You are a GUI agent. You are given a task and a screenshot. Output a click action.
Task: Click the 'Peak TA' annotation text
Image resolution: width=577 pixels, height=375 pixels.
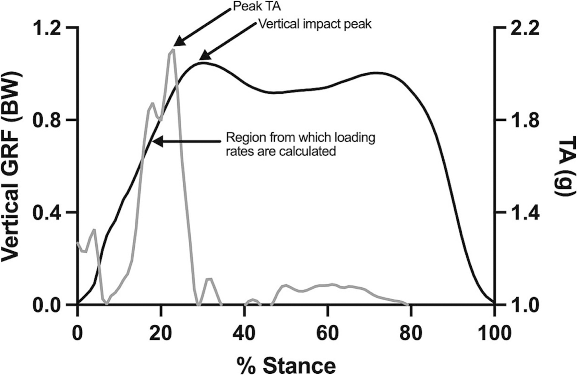[x=253, y=6]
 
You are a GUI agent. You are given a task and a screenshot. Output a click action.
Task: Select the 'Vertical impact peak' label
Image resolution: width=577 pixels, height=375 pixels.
[x=315, y=24]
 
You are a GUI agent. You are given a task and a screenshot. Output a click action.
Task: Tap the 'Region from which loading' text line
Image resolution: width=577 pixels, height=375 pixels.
[x=300, y=137]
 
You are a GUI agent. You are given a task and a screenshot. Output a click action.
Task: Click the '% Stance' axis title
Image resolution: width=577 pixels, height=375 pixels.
[x=286, y=364]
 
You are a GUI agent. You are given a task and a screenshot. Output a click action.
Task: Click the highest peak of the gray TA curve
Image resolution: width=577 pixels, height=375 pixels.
[x=173, y=50]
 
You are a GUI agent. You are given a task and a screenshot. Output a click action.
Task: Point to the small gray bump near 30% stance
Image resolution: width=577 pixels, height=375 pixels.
[x=209, y=279]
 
